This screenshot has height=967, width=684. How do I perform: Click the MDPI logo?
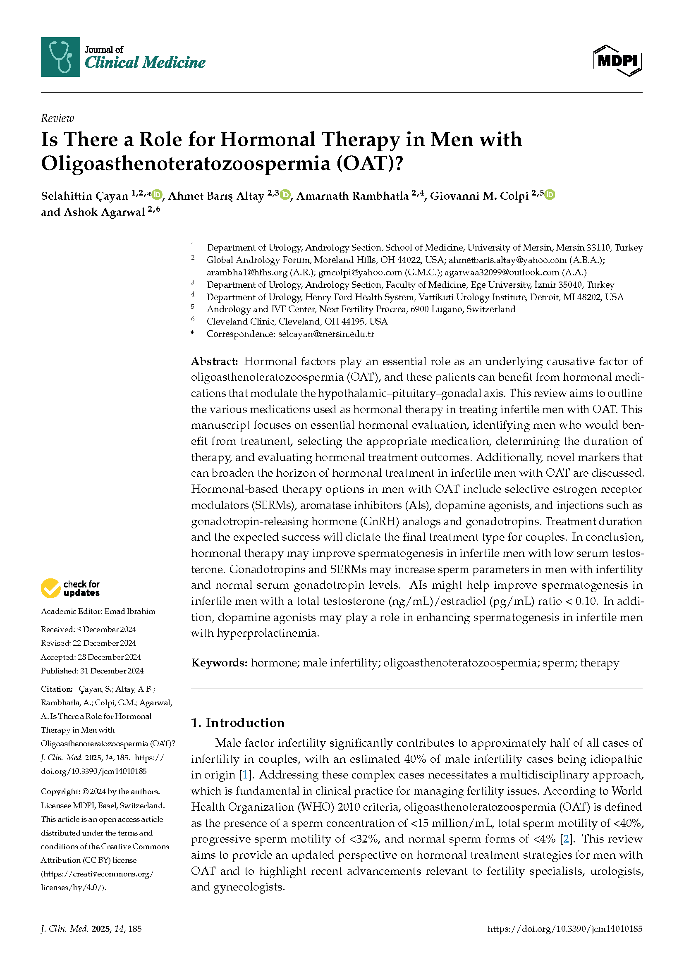coord(617,61)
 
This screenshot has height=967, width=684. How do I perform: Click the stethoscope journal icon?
coord(60,57)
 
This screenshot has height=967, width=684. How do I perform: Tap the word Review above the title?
coord(57,118)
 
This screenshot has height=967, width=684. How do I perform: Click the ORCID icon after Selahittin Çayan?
coord(157,195)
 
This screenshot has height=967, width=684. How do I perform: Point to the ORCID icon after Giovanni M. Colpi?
coord(550,195)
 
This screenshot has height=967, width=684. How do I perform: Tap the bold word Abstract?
coord(214,361)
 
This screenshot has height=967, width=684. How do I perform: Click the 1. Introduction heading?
coord(237,723)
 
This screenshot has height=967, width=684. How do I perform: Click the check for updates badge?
coord(70,588)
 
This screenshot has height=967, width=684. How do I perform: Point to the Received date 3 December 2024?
coord(106,630)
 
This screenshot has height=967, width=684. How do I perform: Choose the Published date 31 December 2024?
coord(111,671)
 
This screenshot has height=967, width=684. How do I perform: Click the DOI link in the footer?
coord(564,929)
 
